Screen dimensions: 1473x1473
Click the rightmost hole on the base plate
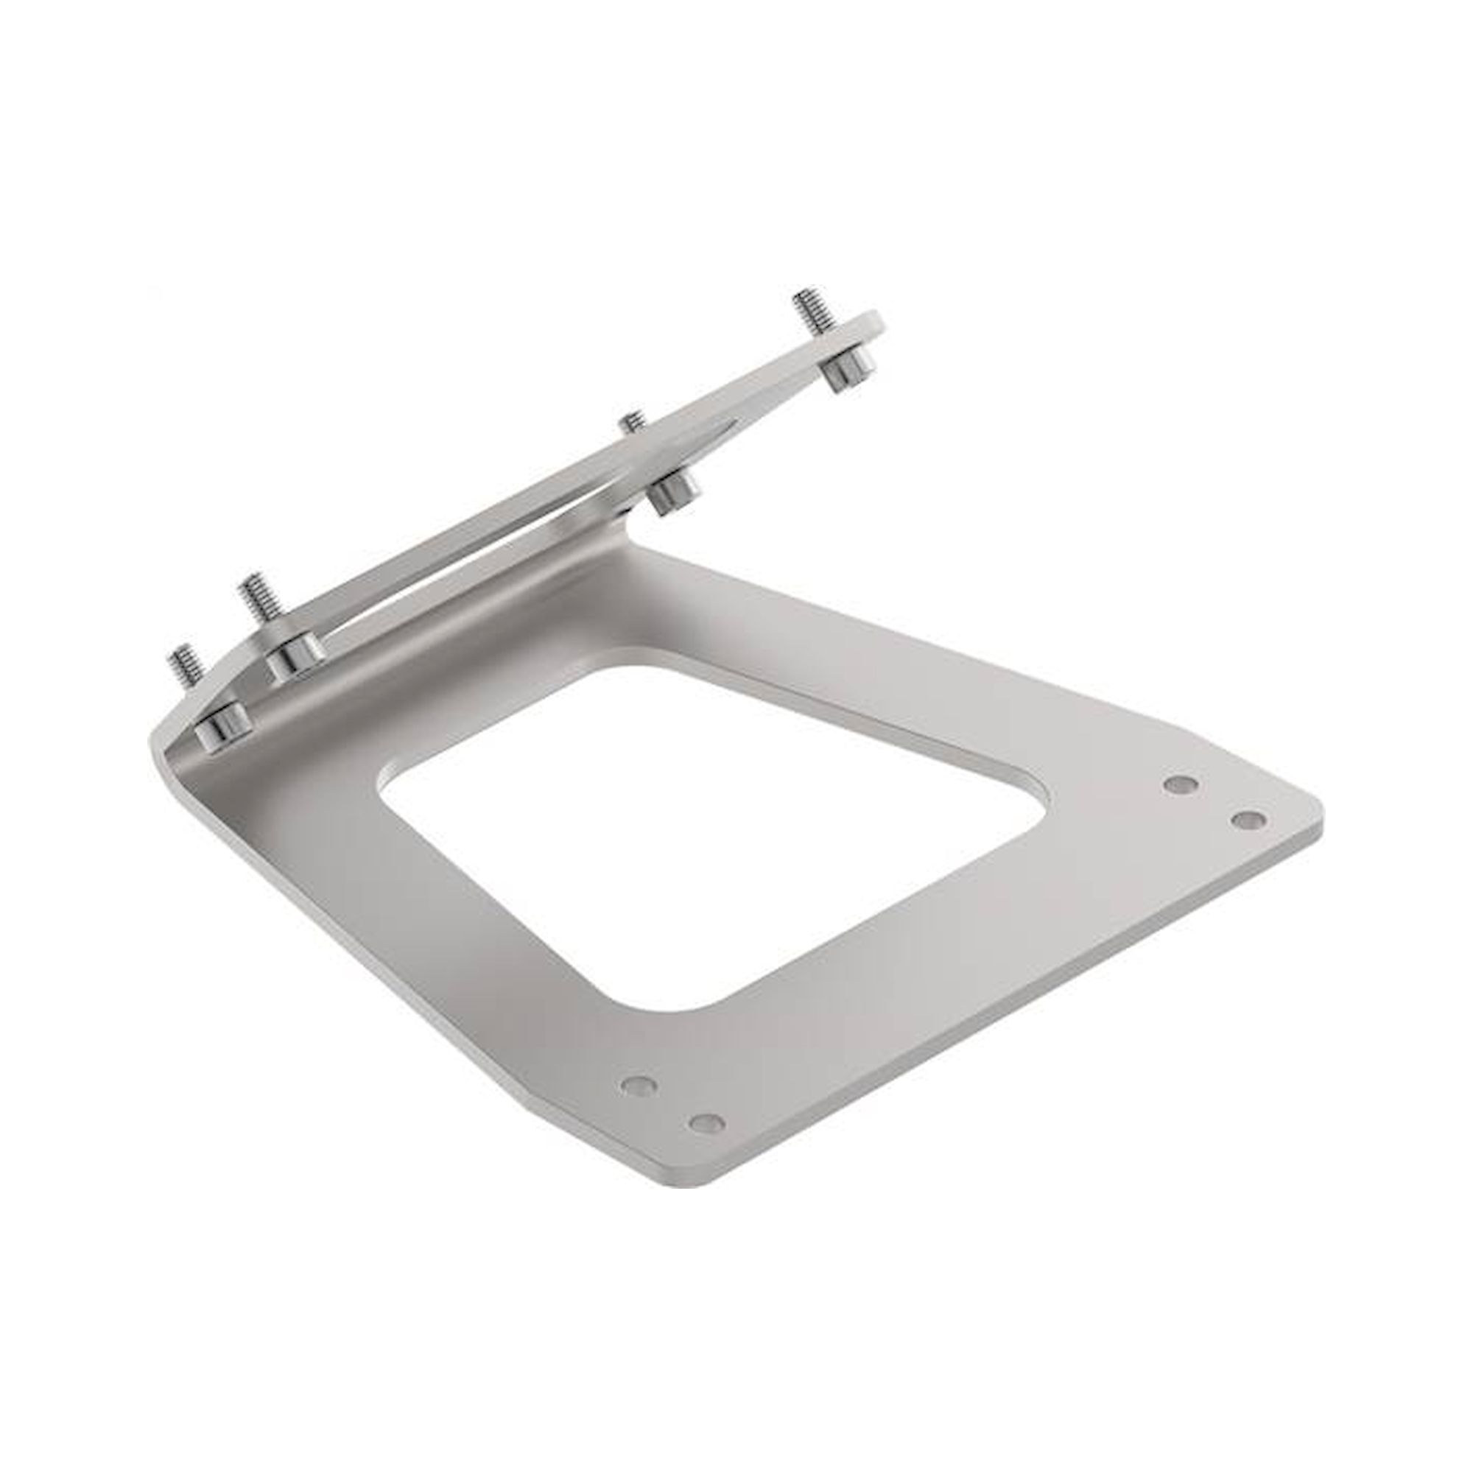pos(1249,820)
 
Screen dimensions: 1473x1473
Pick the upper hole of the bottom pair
pos(639,1084)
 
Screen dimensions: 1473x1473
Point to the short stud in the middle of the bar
pos(632,421)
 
